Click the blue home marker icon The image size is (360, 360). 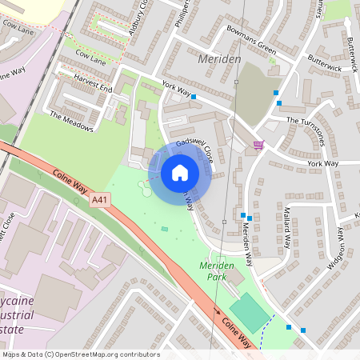pyautogui.click(x=180, y=172)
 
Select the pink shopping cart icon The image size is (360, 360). pyautogui.click(x=258, y=145)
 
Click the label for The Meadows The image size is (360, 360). pyautogui.click(x=71, y=121)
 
